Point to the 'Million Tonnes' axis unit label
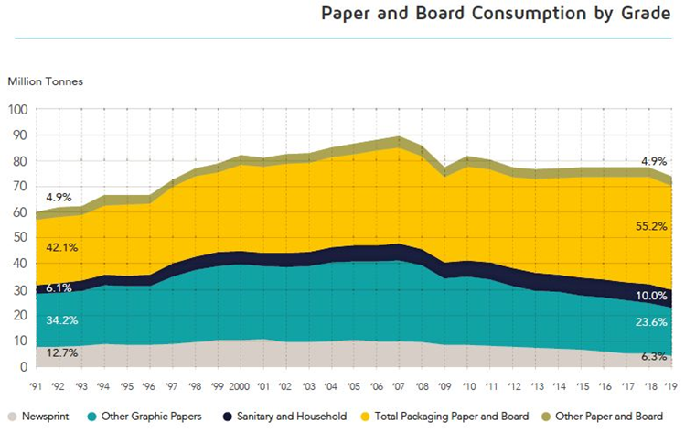[x=46, y=81]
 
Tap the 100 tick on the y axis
[x=19, y=110]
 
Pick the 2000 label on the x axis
[x=240, y=385]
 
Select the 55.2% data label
[x=650, y=250]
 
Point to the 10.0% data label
[x=650, y=297]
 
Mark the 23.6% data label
[x=650, y=321]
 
